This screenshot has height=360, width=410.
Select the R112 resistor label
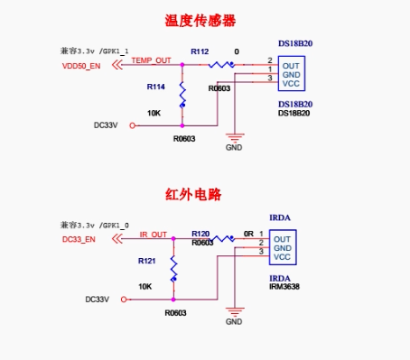(200, 52)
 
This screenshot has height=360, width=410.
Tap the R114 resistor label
(155, 87)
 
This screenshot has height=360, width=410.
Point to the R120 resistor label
(200, 233)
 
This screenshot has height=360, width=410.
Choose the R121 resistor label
(147, 260)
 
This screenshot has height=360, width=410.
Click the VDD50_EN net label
(81, 66)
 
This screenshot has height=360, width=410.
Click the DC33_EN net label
(79, 239)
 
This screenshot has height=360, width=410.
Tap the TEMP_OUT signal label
(151, 60)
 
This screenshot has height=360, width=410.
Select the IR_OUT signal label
(154, 234)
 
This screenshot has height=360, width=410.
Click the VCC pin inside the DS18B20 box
(291, 83)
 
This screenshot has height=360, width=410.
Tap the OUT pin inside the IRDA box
(283, 238)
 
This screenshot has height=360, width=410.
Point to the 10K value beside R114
(154, 114)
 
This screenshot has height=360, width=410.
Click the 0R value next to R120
(248, 233)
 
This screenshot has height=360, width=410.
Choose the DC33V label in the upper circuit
(107, 125)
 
